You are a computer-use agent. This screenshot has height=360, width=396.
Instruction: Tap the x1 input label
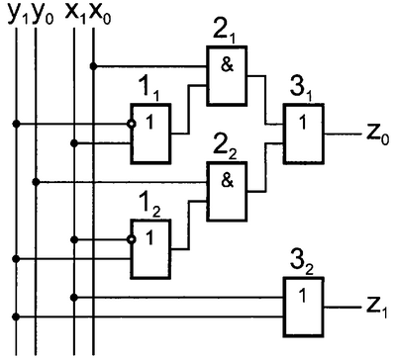click(76, 15)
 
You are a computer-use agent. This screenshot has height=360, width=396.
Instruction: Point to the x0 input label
click(100, 15)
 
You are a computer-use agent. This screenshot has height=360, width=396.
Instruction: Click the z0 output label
click(378, 135)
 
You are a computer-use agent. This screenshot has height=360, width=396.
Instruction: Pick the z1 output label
click(377, 308)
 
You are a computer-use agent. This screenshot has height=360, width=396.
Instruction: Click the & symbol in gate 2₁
click(227, 64)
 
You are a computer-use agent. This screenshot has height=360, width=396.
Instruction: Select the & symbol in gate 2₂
click(227, 180)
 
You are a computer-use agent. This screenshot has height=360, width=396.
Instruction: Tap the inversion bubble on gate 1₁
click(132, 125)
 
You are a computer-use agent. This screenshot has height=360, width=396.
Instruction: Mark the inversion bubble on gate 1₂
click(132, 239)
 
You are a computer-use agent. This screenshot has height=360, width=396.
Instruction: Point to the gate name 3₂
click(302, 262)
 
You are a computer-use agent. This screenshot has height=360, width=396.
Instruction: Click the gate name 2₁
click(226, 33)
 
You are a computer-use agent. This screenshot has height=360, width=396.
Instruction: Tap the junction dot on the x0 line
click(94, 66)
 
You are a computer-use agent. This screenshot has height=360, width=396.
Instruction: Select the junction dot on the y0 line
click(37, 182)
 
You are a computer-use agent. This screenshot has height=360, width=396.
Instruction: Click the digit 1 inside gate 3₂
click(303, 296)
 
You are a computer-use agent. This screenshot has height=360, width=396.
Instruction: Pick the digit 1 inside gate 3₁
click(303, 123)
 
